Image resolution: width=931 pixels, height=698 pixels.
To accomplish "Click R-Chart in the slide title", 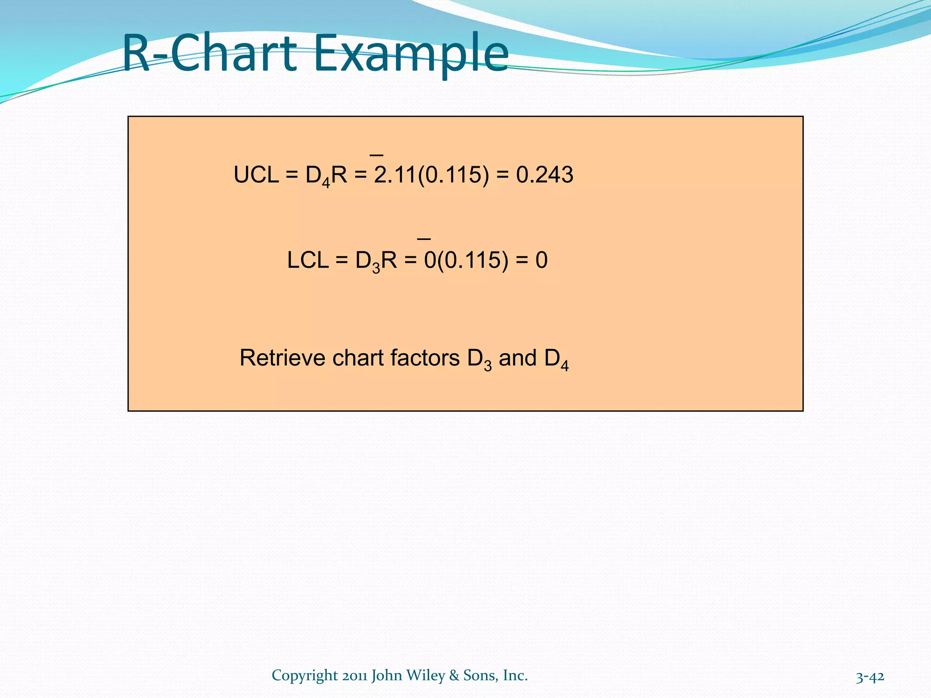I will click(210, 54).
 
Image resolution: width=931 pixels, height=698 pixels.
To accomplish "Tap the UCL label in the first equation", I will click(256, 175).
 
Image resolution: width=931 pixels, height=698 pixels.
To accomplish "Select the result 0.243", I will click(545, 175).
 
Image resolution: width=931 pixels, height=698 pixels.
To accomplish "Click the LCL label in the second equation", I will click(308, 260).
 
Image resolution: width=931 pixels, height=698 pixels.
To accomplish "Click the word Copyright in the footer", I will click(305, 676).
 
